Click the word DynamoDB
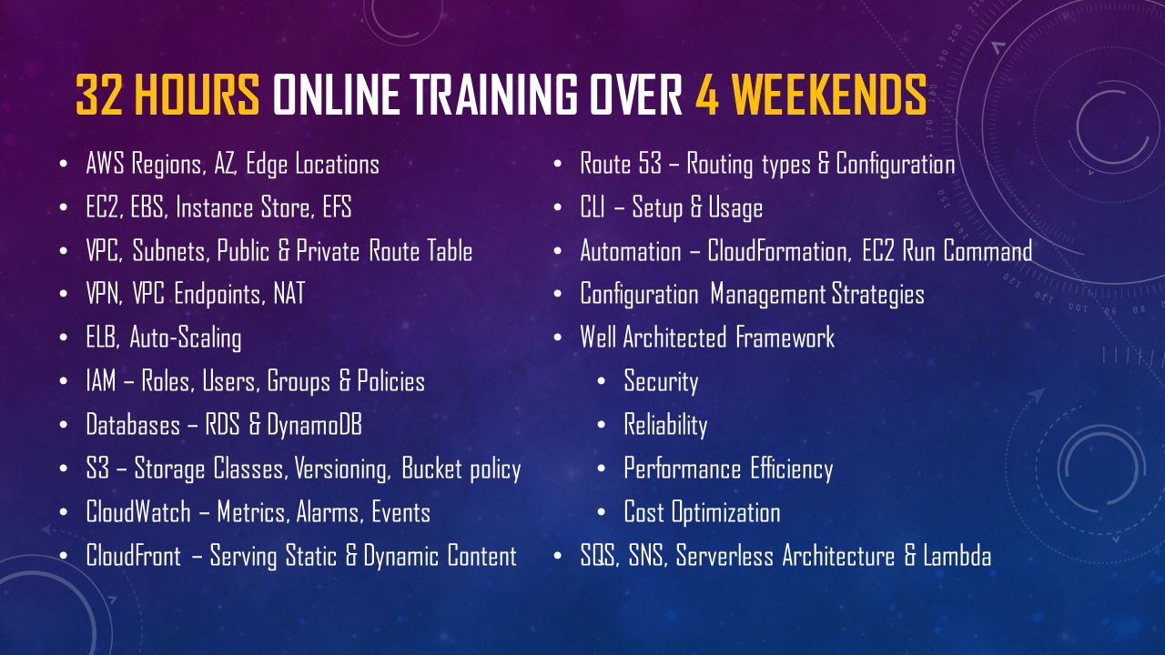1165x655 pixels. [314, 425]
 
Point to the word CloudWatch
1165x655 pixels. [138, 512]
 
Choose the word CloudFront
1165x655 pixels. [133, 556]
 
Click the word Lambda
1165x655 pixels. [957, 556]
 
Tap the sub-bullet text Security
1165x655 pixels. [661, 382]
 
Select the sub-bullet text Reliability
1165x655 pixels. [665, 426]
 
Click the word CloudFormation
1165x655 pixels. [778, 251]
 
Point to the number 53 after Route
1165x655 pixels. [650, 164]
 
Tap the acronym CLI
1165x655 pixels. [593, 207]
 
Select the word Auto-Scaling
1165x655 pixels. [186, 338]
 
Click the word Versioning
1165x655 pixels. [341, 469]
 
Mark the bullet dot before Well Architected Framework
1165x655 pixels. [558, 338]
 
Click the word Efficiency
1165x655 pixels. [792, 469]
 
